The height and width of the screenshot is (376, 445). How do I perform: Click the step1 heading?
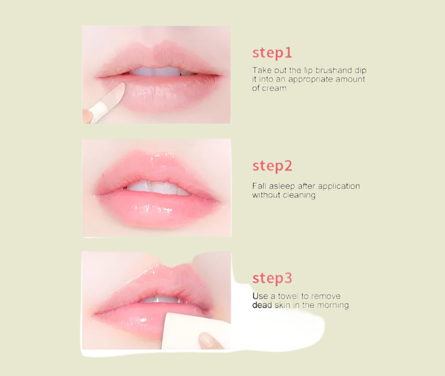click(272, 53)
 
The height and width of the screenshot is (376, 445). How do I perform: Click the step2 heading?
click(272, 166)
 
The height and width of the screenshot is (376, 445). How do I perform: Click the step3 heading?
click(272, 278)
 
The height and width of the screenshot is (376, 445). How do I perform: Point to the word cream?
click(274, 88)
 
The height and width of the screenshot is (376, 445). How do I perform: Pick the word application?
click(339, 187)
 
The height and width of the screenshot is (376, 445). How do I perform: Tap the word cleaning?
click(299, 195)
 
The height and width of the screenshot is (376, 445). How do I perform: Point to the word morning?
click(333, 305)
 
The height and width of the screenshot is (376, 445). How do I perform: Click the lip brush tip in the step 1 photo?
click(120, 88)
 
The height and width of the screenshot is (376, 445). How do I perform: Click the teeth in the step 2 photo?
click(157, 188)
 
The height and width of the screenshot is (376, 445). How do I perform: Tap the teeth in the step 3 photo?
click(161, 299)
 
